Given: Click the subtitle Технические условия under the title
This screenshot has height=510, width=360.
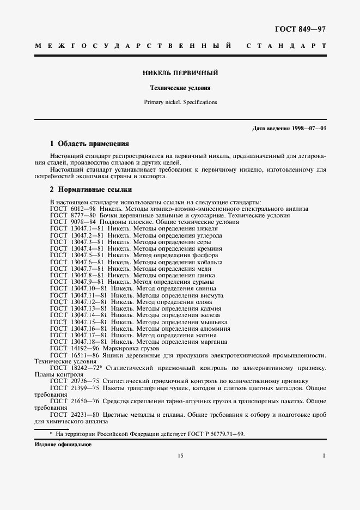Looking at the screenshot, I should coord(180,88).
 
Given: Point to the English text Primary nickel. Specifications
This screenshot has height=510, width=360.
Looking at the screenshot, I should coord(180,102).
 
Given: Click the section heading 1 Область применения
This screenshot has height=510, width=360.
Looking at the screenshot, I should coord(89,144).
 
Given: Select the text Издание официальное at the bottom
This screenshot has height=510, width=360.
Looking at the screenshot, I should coord(63,445).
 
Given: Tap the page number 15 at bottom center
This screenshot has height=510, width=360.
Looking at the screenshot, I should coord(180,456).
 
